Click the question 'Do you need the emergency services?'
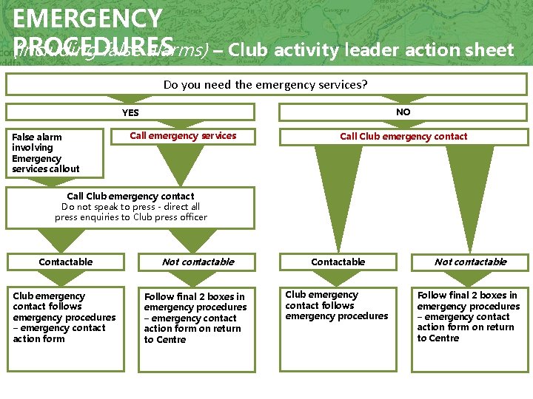265,84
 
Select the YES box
130,112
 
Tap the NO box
403,112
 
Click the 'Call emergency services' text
183,135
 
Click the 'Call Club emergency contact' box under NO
403,136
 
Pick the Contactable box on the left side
66,262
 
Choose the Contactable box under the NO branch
338,262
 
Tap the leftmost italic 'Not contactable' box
198,262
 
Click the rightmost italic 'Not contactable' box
470,262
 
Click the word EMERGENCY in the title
87,18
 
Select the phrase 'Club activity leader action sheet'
371,50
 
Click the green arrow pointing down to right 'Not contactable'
470,192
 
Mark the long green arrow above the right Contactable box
338,196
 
